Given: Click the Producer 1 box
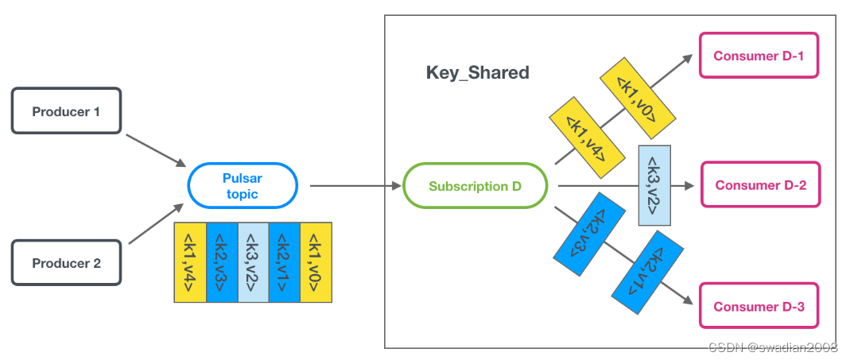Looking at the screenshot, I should (x=66, y=112).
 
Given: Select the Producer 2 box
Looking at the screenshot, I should (x=66, y=263).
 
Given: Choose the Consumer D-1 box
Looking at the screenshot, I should (x=759, y=56).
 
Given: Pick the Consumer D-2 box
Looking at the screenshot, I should (x=759, y=185).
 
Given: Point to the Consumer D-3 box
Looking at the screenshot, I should (x=759, y=307).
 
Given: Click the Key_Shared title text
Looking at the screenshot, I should (x=477, y=73).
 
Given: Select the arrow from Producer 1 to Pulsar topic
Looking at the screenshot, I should (x=155, y=150).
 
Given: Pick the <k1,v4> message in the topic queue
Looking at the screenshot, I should (x=190, y=262).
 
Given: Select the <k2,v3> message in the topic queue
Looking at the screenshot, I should (x=222, y=262).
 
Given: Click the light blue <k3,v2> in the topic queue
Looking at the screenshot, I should (x=253, y=262).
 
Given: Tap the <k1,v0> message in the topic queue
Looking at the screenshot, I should (x=316, y=262).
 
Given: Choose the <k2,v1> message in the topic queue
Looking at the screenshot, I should (x=285, y=262).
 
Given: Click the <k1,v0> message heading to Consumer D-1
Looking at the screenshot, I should (x=638, y=95).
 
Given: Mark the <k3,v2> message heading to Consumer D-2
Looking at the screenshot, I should (x=654, y=185).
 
